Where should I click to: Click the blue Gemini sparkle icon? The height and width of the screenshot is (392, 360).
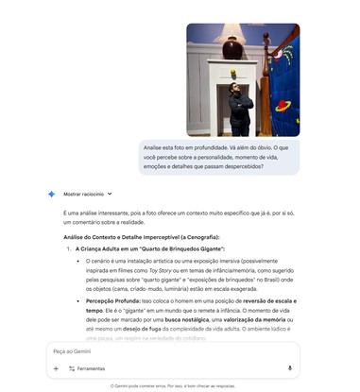[52, 194]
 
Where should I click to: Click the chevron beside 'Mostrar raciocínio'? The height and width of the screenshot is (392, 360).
[111, 194]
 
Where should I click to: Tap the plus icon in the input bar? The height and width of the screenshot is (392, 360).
[56, 368]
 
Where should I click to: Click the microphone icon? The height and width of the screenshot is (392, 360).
[289, 368]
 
